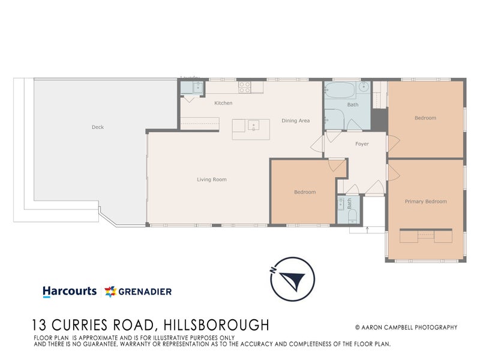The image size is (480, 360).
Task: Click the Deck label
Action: [x=98, y=127]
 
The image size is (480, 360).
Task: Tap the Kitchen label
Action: [x=223, y=103]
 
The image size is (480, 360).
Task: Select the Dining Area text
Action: [x=296, y=121]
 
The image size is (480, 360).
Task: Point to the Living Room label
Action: [x=212, y=179]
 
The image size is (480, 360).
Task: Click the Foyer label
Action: [x=362, y=144]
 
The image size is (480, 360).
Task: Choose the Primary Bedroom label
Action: [x=425, y=202]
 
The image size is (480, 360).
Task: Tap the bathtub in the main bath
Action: [x=340, y=92]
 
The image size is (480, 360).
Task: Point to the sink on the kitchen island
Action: [x=253, y=126]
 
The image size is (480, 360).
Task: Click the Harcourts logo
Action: [x=70, y=291]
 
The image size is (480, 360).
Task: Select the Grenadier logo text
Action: [x=145, y=292]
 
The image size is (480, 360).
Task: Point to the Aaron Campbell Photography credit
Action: [x=406, y=327]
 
